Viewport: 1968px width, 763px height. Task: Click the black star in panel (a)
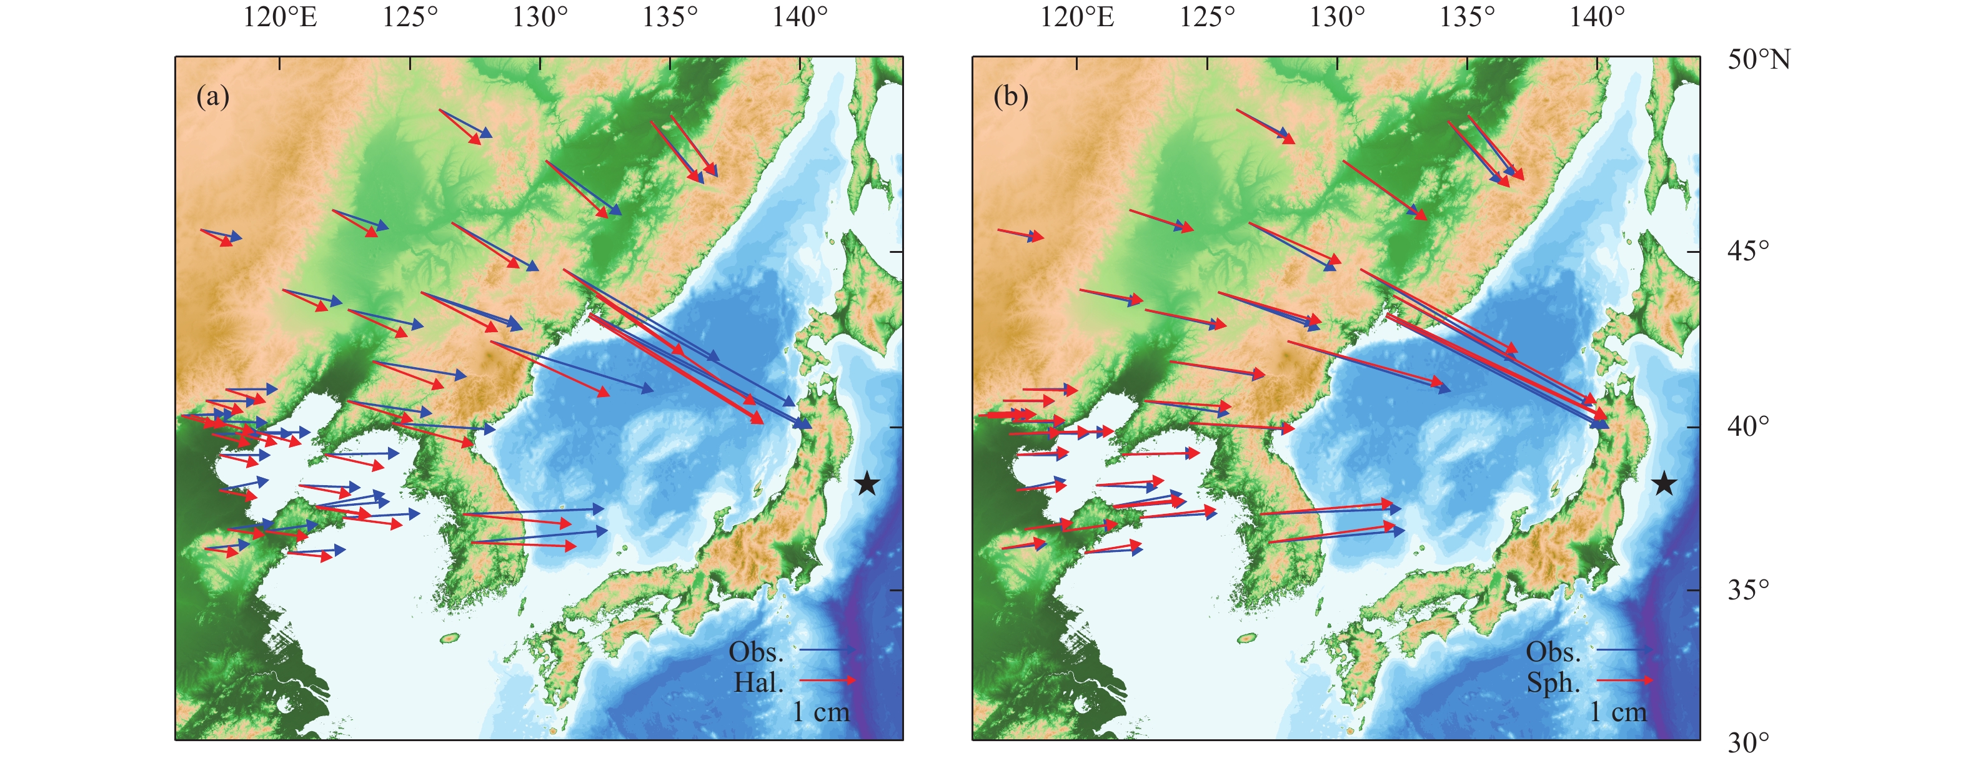tap(867, 483)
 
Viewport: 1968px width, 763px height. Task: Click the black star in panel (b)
tap(1664, 483)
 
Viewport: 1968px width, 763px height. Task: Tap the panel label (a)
tap(212, 96)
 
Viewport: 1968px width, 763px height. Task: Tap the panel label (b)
tap(1010, 96)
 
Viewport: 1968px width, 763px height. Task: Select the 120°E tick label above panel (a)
tap(280, 17)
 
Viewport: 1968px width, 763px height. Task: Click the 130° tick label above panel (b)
tap(1336, 17)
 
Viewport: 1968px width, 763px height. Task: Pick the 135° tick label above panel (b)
tap(1466, 17)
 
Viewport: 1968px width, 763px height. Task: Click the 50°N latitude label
tap(1759, 59)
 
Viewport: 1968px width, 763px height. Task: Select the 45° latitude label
tap(1748, 250)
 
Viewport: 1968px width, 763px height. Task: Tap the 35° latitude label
tap(1748, 589)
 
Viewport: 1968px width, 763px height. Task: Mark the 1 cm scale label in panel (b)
tap(1618, 712)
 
